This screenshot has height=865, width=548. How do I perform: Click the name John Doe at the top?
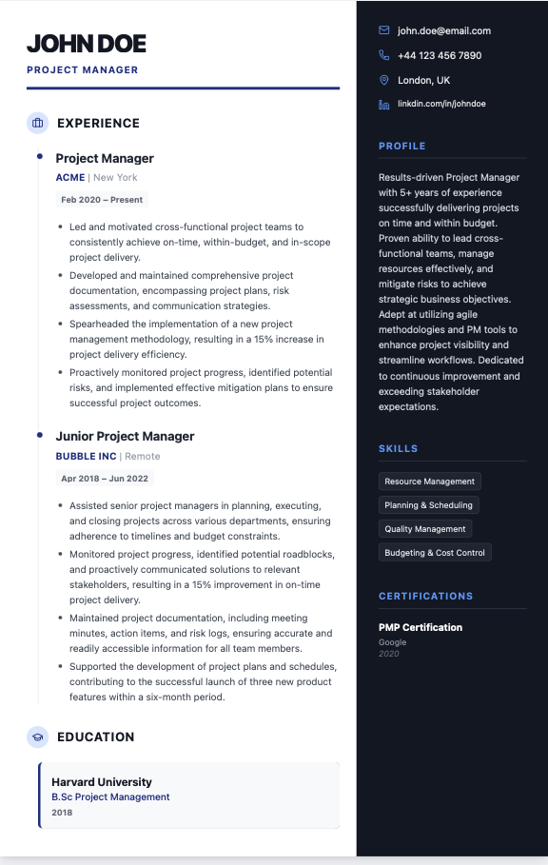(87, 43)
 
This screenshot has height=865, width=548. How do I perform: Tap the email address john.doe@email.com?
(444, 30)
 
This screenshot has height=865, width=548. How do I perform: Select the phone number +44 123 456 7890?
(440, 55)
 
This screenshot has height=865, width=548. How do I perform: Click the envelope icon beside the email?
(384, 30)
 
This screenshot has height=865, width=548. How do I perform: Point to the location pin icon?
(384, 80)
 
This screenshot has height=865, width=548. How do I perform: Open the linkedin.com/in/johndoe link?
(441, 104)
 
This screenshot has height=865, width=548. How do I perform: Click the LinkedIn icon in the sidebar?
(384, 104)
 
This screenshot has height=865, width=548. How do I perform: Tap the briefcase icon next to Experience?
(37, 123)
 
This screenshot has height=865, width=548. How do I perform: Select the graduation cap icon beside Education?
(37, 737)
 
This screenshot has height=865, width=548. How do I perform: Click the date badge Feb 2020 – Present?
(102, 200)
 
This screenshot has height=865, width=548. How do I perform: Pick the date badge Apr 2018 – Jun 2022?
(105, 479)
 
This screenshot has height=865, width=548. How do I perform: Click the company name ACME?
(70, 177)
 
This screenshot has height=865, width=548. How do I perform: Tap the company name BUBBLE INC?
(86, 456)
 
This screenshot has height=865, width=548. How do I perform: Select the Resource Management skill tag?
(429, 482)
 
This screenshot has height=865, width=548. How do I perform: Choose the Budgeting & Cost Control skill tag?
(435, 553)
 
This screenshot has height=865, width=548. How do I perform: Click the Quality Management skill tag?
(425, 529)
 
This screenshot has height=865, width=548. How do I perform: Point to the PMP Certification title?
(421, 627)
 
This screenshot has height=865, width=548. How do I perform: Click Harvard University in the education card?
(102, 782)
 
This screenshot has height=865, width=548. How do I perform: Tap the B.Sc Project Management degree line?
(110, 797)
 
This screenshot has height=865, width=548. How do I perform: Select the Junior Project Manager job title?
(125, 436)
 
